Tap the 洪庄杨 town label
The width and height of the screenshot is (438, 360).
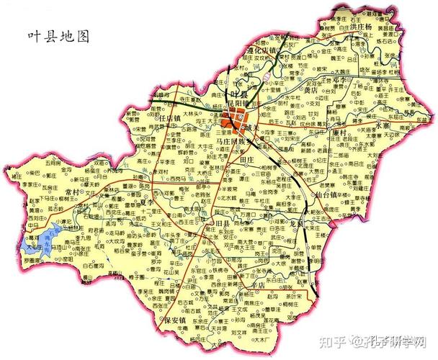(359, 27)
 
